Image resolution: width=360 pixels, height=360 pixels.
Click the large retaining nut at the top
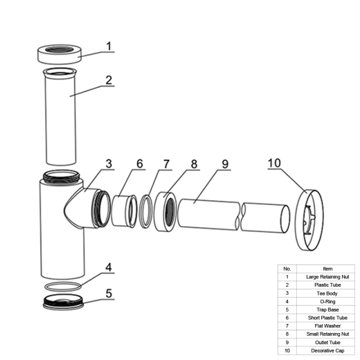tap(59, 59)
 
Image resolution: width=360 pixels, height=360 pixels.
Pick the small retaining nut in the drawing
tap(160, 211)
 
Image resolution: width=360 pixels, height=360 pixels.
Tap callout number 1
tap(109, 46)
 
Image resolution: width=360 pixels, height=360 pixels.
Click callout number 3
tap(109, 164)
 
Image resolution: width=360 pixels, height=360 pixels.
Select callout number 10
tap(274, 163)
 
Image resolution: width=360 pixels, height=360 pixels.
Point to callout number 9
tap(225, 164)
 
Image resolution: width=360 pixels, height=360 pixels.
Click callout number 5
tap(109, 293)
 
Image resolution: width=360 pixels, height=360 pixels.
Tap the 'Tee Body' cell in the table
tap(327, 294)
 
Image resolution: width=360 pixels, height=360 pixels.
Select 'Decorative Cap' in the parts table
tap(327, 350)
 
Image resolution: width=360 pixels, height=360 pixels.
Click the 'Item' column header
tap(327, 269)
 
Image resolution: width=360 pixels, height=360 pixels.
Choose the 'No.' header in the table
tap(287, 269)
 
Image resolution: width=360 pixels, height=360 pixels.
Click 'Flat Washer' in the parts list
tap(327, 326)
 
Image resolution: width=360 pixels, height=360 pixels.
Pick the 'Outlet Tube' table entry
tap(327, 343)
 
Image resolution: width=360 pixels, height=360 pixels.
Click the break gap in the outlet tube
tap(241, 217)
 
